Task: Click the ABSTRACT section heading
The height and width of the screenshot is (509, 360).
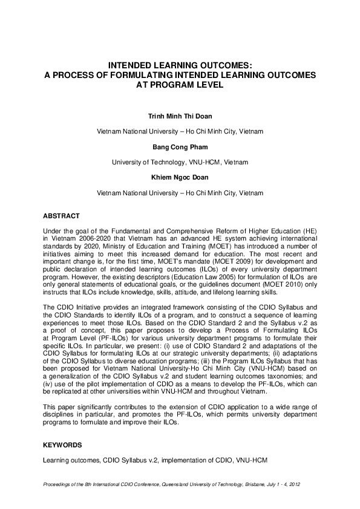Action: pos(62,215)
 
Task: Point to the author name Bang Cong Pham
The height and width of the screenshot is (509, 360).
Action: pos(180,146)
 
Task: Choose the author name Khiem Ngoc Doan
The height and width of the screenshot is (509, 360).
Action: pos(180,178)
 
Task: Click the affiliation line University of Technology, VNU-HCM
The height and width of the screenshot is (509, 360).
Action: pos(180,162)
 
